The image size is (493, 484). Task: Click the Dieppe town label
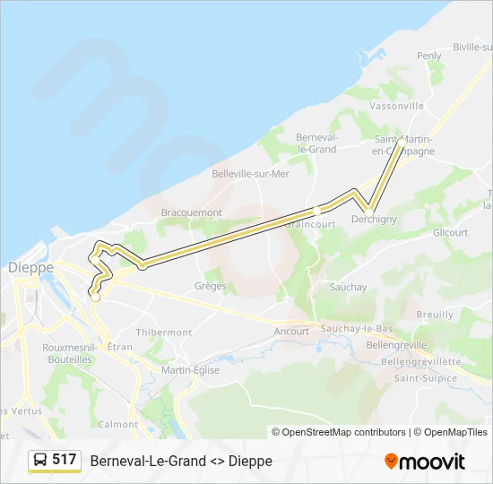coord(30,267)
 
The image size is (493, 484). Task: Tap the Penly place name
coord(429,56)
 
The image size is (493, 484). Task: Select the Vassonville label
coord(396,106)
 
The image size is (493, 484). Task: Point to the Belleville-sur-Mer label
coord(250,174)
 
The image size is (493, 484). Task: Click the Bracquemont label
coord(191,212)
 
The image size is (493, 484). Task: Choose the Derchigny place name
coord(375,220)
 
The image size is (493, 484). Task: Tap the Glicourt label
coord(450,232)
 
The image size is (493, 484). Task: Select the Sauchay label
coord(348,287)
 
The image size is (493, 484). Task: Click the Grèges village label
coord(211,286)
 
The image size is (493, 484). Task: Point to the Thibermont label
coord(166,332)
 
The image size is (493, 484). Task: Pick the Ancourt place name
coord(291,331)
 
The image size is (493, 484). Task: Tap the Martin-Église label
coord(190,369)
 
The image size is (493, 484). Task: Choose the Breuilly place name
coord(435,315)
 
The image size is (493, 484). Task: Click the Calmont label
coord(118,424)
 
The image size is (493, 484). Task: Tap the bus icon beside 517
coord(40,460)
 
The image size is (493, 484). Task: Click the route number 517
coord(64,460)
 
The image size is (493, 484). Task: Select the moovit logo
coord(425,462)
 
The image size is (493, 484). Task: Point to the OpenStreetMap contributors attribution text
coord(338,432)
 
